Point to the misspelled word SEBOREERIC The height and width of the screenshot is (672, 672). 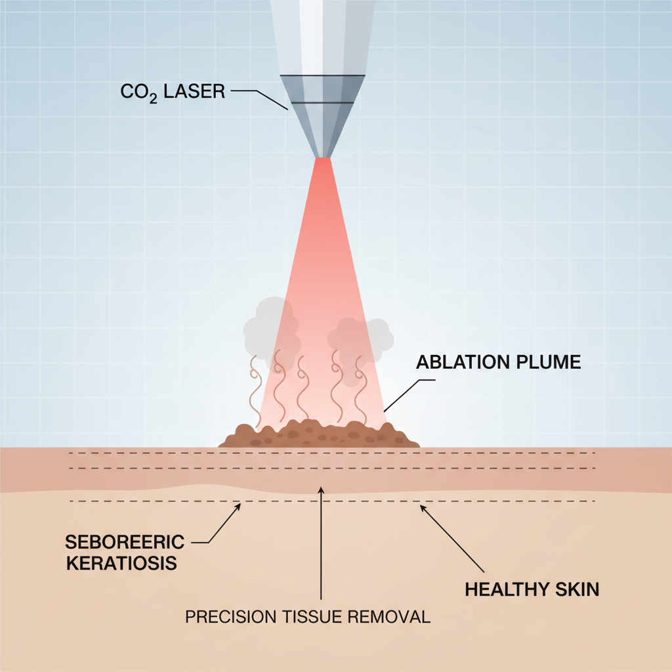point(125,542)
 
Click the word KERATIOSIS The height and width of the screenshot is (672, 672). point(121,564)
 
